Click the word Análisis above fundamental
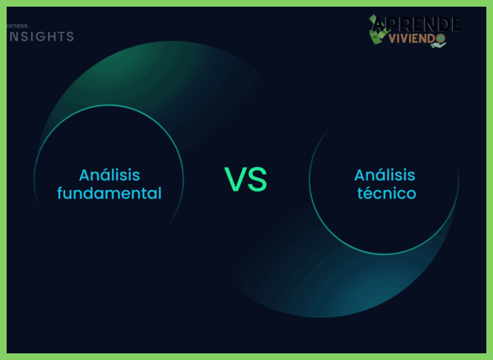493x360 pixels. [109, 175]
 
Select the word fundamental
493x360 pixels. [109, 193]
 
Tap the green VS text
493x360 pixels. [245, 179]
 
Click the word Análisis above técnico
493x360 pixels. [384, 175]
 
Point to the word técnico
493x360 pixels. [386, 193]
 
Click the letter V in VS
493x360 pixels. [235, 179]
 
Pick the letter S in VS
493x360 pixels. [257, 179]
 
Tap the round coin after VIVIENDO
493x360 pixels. [440, 39]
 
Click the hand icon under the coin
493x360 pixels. [440, 45]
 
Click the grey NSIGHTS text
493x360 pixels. [41, 37]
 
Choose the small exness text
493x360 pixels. [17, 25]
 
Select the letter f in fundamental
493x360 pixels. [61, 193]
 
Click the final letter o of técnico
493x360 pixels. [411, 194]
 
